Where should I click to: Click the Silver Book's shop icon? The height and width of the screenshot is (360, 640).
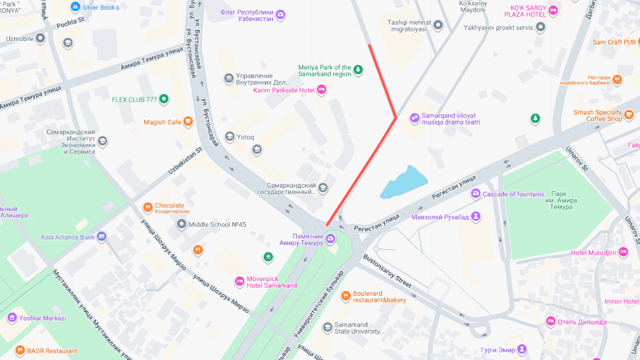coord(74,7)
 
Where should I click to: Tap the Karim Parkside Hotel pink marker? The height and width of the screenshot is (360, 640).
coord(321,90)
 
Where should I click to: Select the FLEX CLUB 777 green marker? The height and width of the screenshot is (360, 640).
coord(164,99)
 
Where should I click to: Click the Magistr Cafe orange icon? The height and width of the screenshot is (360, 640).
coord(188,122)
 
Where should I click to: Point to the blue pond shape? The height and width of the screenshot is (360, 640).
coord(403,182)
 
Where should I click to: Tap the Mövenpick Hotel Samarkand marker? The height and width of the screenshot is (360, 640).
coord(239,282)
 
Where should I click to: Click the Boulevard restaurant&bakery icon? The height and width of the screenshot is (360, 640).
coord(345,296)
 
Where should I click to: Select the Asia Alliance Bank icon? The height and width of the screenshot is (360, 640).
coord(102,237)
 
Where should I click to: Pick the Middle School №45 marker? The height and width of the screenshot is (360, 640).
coord(182,224)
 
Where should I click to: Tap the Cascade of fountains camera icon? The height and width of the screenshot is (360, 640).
coord(476,194)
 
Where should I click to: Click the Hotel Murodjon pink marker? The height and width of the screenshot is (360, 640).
coord(623,252)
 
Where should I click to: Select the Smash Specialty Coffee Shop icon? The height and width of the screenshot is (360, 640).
coord(629,115)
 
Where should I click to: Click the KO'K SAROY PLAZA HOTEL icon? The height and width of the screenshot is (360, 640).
coord(553,11)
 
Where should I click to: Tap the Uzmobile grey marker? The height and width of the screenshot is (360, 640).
coord(40,39)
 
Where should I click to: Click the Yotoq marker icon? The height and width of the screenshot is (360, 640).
coord(230,137)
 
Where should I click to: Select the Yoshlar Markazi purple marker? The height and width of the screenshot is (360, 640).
coord(12,318)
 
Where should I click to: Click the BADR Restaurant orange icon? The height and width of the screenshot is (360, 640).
coord(20,351)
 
